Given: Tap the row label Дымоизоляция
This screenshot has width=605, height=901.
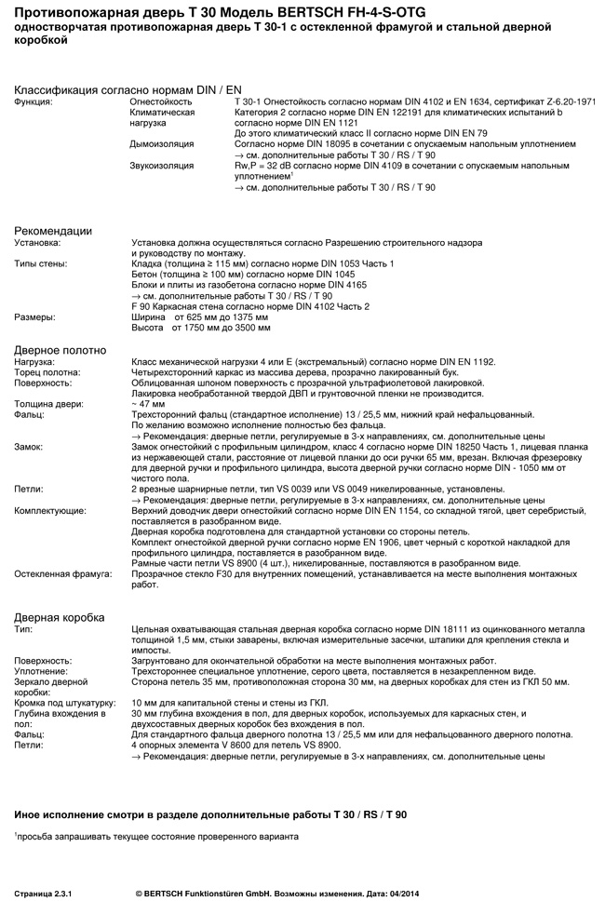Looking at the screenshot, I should [x=162, y=144].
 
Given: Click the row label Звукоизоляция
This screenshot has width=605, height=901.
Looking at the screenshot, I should [x=162, y=166].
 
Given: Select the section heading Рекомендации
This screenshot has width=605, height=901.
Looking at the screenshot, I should [x=53, y=231].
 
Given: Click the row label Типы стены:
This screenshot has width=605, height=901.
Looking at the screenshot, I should [x=40, y=264].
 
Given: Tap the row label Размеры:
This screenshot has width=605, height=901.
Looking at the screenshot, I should [x=34, y=316].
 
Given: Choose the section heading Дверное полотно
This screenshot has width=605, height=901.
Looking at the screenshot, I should [x=60, y=350].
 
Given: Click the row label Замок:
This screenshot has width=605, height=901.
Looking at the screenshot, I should [x=30, y=447].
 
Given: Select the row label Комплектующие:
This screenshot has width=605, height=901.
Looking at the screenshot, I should [x=49, y=511].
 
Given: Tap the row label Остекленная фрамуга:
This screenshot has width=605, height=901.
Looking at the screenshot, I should [x=62, y=574].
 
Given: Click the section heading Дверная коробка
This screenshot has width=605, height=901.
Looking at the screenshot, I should [x=60, y=617].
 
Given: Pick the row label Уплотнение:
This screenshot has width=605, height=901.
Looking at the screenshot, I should [x=41, y=670].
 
